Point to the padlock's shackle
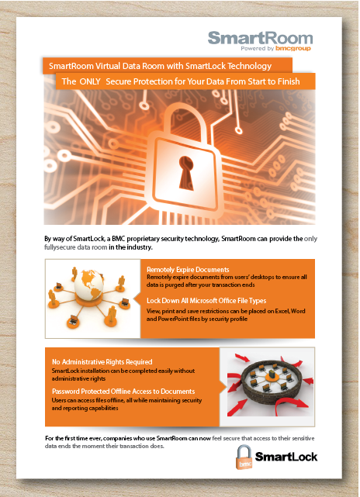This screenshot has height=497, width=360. pyautogui.click(x=186, y=116)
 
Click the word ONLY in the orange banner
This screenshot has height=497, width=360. pyautogui.click(x=92, y=81)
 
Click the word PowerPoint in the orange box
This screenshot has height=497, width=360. pyautogui.click(x=167, y=318)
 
